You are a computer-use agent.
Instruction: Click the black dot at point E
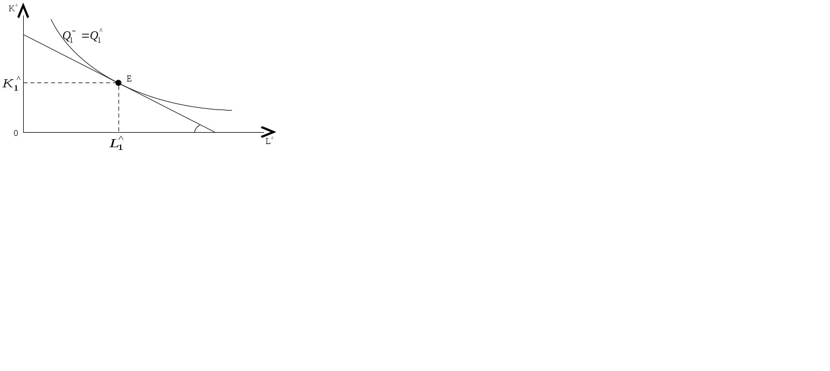pos(118,83)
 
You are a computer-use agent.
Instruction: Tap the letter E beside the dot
pos(129,79)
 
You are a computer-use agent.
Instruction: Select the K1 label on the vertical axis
pos(11,84)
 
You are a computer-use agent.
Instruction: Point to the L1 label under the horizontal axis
pos(116,144)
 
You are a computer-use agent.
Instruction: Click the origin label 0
pos(16,133)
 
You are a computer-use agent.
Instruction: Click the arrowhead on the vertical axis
pos(24,10)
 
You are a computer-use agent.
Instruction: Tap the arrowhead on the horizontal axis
pos(268,132)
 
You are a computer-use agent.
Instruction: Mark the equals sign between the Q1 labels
pos(85,37)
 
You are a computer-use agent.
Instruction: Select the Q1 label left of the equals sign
pos(68,37)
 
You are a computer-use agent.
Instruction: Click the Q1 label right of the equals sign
pos(96,37)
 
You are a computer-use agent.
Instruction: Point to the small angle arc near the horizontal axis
pos(198,128)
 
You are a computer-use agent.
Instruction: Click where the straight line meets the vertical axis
pos(24,35)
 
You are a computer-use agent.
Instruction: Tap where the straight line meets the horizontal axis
pos(215,132)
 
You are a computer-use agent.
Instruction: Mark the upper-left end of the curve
pos(51,20)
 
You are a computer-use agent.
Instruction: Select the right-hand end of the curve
pos(232,111)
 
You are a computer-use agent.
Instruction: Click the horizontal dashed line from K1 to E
pos(70,83)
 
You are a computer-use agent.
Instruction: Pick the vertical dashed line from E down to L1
pos(118,108)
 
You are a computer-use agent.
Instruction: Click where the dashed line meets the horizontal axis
pos(118,132)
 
